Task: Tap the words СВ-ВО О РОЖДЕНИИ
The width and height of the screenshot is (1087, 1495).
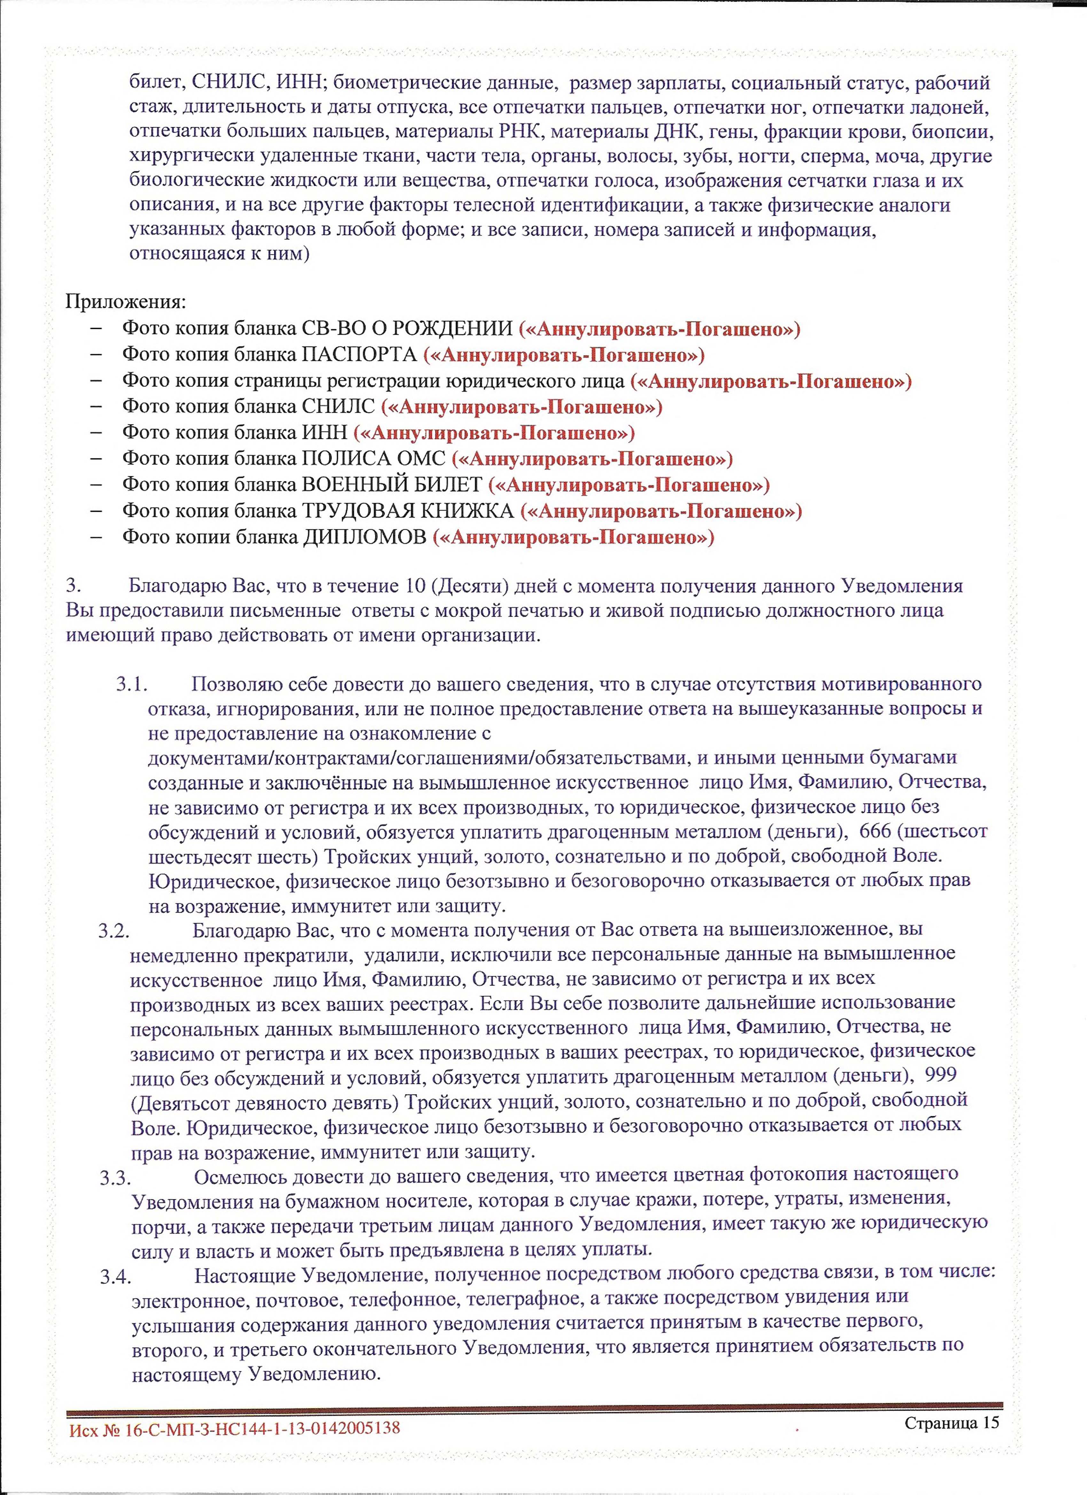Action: click(407, 328)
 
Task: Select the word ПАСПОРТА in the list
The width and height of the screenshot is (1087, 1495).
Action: click(359, 354)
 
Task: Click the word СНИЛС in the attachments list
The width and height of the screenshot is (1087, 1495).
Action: click(338, 407)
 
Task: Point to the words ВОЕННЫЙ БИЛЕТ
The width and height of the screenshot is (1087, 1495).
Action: click(392, 485)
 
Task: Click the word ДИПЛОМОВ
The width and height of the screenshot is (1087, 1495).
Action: click(364, 537)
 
